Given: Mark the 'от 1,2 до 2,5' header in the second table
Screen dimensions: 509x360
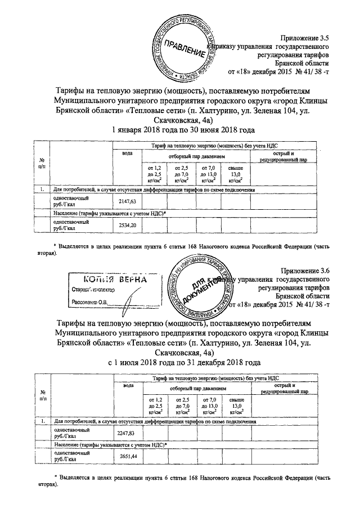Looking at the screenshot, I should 154,405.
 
